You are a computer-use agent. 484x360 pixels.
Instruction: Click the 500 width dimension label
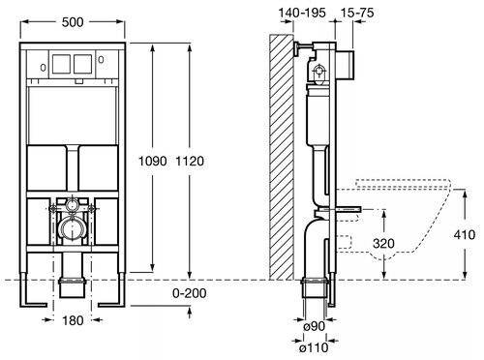pos(73,22)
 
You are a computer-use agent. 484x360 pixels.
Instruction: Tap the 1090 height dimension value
pos(153,161)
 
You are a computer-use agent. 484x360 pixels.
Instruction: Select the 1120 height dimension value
pos(190,161)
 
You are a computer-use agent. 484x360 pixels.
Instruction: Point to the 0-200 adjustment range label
pos(190,293)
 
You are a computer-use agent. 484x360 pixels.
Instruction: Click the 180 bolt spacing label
pos(73,320)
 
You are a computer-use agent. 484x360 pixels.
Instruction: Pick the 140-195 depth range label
pos(302,13)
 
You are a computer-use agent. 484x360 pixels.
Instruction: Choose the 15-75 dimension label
pos(357,13)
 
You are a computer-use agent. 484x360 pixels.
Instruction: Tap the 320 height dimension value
pos(383,243)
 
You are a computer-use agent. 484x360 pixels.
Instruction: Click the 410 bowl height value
pos(465,234)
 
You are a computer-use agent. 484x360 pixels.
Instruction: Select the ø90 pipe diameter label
pos(315,326)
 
